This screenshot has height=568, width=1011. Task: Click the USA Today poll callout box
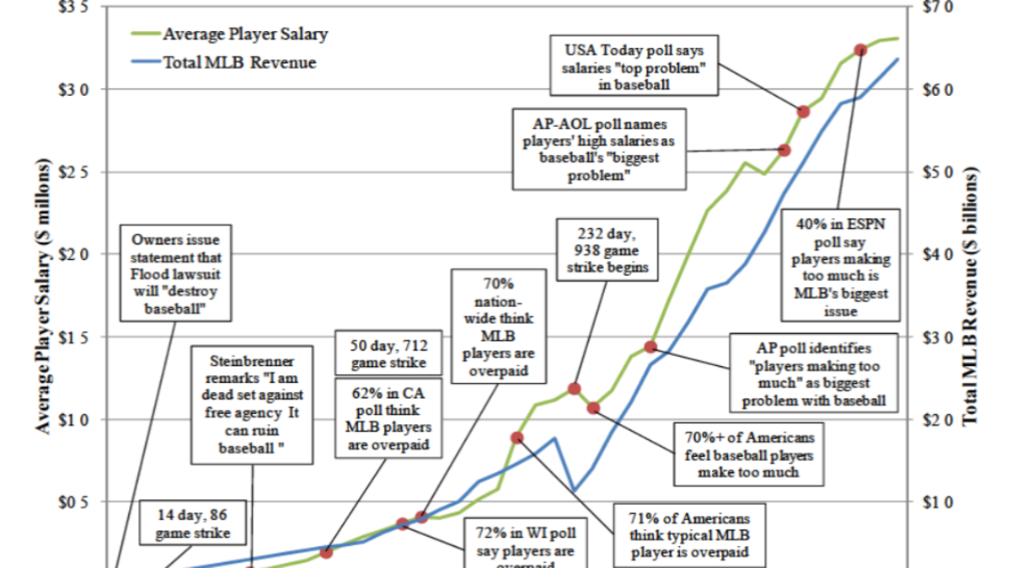[634, 65]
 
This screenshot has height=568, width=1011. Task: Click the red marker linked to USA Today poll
[804, 112]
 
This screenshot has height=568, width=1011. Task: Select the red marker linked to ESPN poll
[860, 50]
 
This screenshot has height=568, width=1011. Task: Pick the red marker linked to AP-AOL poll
[784, 150]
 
